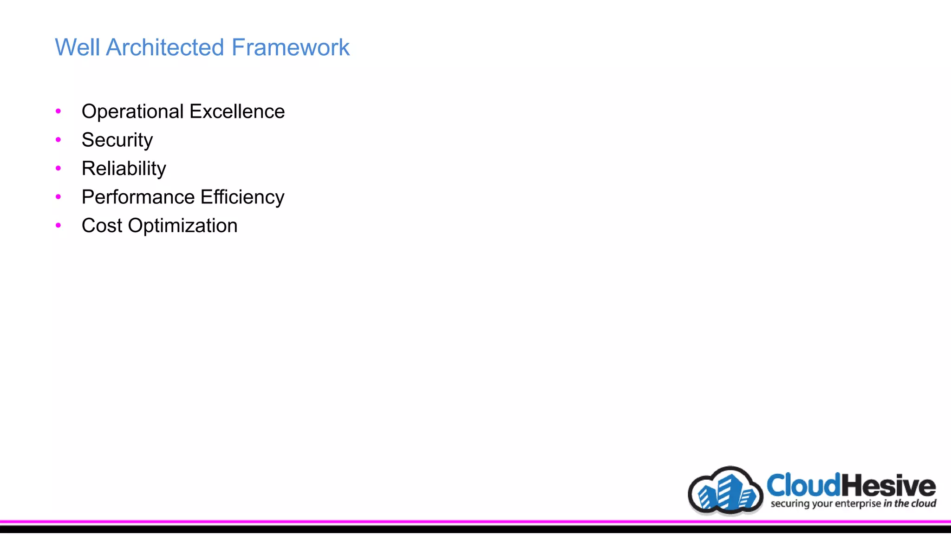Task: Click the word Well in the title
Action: pos(77,47)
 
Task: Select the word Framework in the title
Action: pos(290,47)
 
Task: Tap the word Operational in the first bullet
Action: pos(133,112)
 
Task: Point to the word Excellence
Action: pos(237,111)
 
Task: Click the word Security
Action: pos(117,140)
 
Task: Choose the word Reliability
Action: pos(124,169)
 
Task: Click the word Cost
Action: pos(102,226)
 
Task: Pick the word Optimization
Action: pos(182,226)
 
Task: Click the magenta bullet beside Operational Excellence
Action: pos(58,111)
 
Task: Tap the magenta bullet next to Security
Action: pos(58,139)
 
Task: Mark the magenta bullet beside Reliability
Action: pos(58,168)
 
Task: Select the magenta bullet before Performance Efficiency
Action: pos(58,197)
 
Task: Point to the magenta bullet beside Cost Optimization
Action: pos(58,225)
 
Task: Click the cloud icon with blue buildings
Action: pos(726,491)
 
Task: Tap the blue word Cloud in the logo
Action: pos(804,485)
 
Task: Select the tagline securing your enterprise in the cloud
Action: pos(853,504)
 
